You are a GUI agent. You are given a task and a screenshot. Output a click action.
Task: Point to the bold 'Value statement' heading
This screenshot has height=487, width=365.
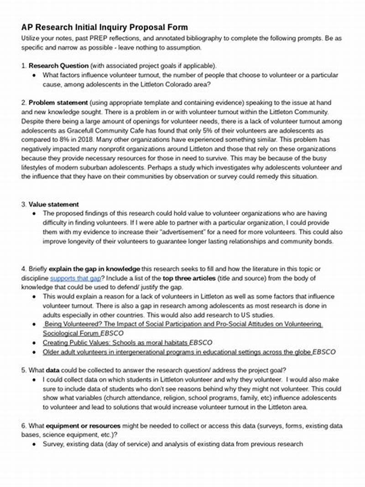[53, 204]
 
